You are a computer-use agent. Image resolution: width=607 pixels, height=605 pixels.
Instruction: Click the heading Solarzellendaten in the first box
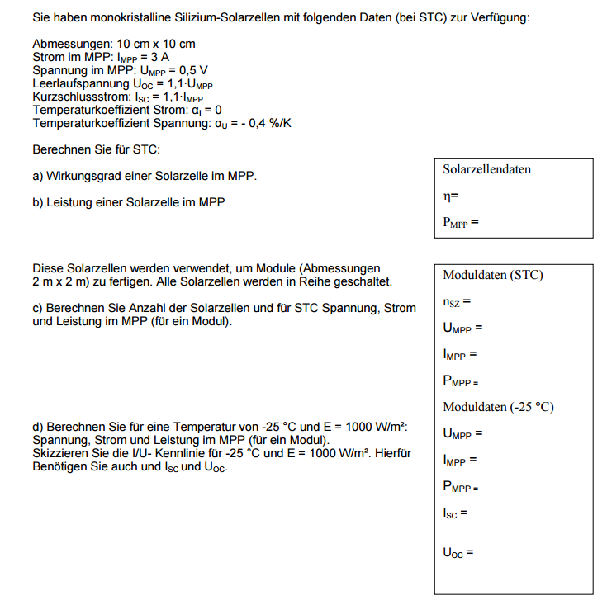[x=486, y=169]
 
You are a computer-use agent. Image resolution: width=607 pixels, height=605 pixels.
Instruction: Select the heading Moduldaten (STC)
[x=493, y=275]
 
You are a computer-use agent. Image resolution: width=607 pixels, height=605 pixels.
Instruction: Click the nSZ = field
[x=457, y=302]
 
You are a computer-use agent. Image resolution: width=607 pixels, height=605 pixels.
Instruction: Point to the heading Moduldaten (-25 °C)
[x=498, y=407]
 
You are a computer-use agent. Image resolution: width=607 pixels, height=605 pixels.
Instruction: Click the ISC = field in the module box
[x=455, y=513]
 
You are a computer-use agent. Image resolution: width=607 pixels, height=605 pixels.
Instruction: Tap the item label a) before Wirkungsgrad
[x=38, y=176]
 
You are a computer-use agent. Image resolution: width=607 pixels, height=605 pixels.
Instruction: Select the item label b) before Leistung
[x=38, y=202]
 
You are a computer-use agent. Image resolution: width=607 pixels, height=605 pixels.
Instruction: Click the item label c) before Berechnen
[x=38, y=308]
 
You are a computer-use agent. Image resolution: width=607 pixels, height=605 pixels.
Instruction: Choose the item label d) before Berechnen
[x=38, y=427]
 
